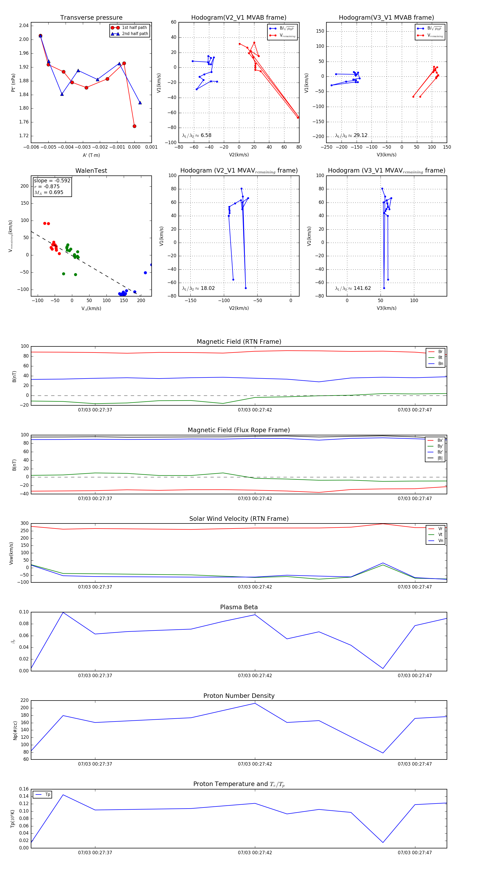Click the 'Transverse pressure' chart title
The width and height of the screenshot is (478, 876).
pos(91,18)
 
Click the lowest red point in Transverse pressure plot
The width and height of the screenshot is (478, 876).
pos(134,126)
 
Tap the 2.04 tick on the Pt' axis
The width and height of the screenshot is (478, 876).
pos(24,25)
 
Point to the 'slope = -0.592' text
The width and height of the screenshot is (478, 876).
pos(52,181)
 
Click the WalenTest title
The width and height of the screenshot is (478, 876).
pos(91,171)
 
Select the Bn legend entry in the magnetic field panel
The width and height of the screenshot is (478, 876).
pos(440,363)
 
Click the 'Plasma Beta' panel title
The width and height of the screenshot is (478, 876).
pos(239,607)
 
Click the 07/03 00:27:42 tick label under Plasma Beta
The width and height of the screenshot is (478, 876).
pos(255,675)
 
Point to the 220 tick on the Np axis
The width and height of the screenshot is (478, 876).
pos(24,701)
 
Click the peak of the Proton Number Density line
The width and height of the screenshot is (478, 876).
pos(255,703)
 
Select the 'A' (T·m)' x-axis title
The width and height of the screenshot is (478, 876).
pos(91,155)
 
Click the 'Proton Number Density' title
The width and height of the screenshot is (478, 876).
pos(239,696)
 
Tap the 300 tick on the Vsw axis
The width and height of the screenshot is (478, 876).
pos(24,523)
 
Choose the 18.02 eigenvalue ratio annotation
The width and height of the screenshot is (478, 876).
pos(207,288)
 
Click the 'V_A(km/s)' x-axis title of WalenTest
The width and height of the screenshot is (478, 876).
pos(91,308)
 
